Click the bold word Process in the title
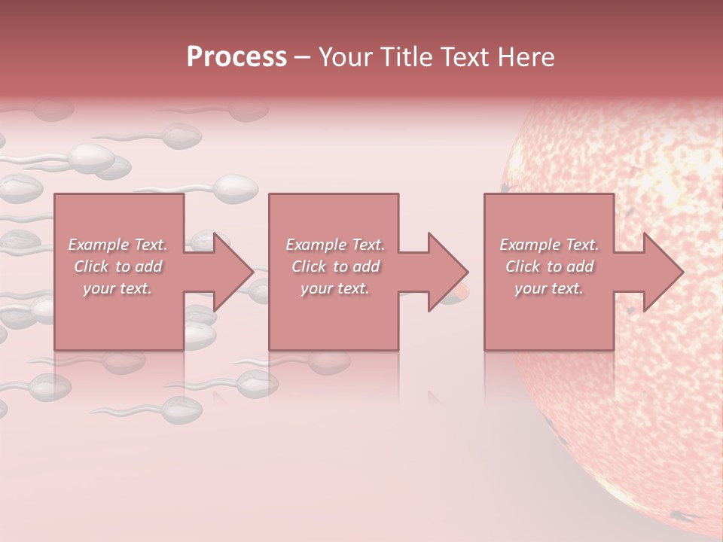(236, 57)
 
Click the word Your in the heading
(347, 57)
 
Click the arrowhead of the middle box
(447, 272)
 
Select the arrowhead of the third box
(663, 272)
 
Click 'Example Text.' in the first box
(117, 245)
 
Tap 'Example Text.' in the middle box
(334, 245)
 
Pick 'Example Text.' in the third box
(549, 245)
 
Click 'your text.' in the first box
(117, 288)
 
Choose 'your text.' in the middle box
(334, 288)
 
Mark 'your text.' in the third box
(549, 288)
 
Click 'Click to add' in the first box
(117, 266)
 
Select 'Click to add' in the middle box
(334, 266)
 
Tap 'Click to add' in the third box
(549, 266)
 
